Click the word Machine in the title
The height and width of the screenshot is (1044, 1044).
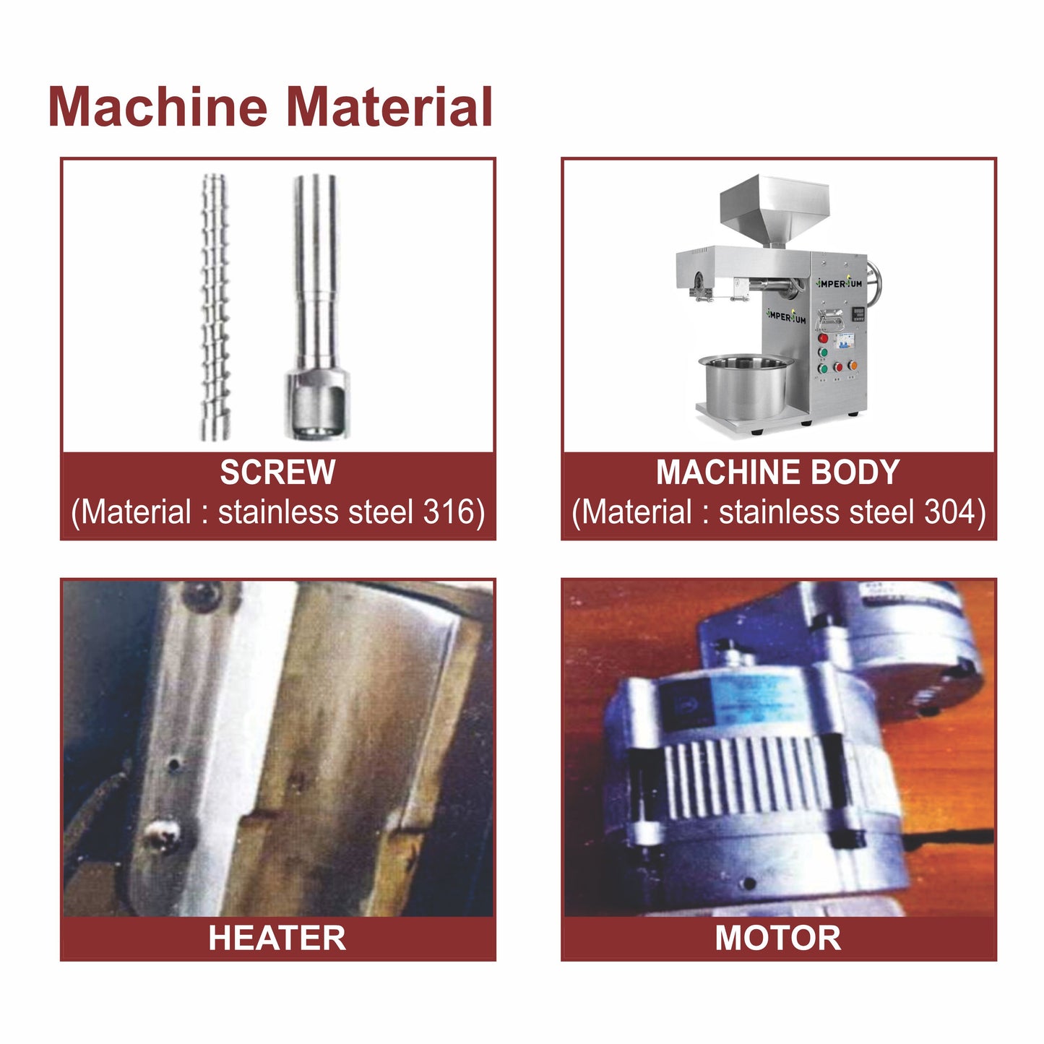tap(158, 107)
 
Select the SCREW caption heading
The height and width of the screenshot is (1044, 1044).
tap(277, 473)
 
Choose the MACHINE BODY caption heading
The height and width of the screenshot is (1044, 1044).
tap(777, 473)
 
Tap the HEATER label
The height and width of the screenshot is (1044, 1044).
tap(277, 938)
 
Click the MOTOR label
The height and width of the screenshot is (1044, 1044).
tap(777, 938)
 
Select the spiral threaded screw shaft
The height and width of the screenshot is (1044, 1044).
tap(215, 307)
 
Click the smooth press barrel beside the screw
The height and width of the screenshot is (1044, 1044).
tap(315, 307)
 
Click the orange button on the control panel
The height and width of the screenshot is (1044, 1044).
tap(853, 366)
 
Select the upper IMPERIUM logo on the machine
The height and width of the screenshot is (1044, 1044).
tap(839, 283)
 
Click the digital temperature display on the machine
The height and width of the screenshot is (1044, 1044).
tap(858, 314)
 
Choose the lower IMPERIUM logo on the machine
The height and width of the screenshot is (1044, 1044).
tap(785, 316)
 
